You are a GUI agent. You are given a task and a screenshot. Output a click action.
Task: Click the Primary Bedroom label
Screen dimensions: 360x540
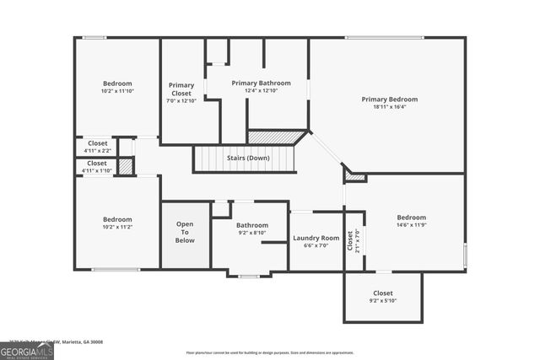pos(389,99)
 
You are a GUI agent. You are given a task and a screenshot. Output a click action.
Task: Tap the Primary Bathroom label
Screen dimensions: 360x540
pos(261,83)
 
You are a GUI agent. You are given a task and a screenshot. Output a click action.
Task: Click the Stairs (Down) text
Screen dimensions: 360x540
pos(248,159)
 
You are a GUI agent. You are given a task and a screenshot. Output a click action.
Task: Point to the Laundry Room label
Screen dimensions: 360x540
pos(316,239)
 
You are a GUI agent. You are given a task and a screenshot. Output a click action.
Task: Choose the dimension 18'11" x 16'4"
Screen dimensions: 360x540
pos(389,107)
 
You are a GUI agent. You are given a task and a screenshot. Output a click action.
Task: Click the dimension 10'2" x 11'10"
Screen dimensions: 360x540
pos(117,91)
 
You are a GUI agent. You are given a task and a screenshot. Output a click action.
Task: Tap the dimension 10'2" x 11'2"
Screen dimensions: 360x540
pos(117,227)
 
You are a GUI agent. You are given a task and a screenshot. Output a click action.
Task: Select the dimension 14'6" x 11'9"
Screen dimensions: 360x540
pos(413,225)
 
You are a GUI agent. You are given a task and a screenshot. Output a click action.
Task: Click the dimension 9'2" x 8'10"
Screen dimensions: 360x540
pos(251,234)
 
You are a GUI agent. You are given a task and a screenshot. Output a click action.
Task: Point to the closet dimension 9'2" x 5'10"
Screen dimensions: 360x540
pos(382,301)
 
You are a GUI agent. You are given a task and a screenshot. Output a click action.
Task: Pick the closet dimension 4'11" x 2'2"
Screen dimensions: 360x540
pos(97,151)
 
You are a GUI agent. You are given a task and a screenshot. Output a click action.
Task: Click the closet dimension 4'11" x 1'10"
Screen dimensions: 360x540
pos(97,170)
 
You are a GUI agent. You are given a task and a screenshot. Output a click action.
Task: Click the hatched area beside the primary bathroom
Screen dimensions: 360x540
pos(274,137)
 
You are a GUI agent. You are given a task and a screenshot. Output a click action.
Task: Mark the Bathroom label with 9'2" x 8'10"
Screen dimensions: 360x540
pos(251,226)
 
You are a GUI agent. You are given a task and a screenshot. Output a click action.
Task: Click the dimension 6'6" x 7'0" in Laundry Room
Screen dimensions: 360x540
pos(316,246)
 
